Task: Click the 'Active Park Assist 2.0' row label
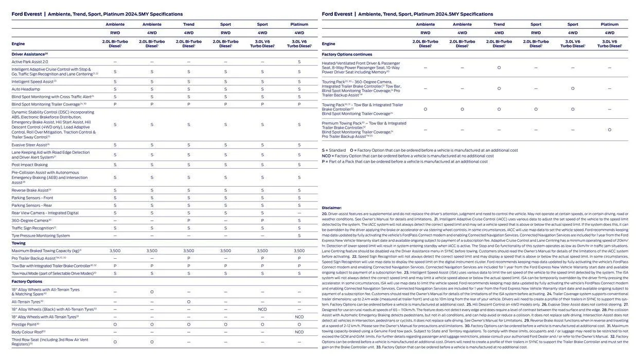(30, 62)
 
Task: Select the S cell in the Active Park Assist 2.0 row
(299, 62)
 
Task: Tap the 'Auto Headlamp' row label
(26, 89)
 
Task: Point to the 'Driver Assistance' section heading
(29, 54)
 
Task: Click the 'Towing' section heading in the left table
(19, 243)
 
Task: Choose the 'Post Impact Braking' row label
(30, 165)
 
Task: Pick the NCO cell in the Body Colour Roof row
(299, 332)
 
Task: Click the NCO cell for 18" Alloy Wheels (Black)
(262, 310)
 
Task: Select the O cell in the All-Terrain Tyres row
(189, 302)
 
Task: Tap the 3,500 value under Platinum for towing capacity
(299, 251)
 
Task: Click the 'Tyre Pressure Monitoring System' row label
(41, 236)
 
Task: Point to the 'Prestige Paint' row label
(25, 325)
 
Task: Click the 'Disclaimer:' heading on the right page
(332, 208)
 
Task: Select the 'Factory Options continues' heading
(347, 54)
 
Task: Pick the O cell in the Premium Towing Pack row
(610, 130)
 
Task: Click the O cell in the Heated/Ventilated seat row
(499, 67)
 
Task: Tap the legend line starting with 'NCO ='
(407, 156)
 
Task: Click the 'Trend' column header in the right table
(499, 24)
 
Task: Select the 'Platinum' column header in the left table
(299, 24)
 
